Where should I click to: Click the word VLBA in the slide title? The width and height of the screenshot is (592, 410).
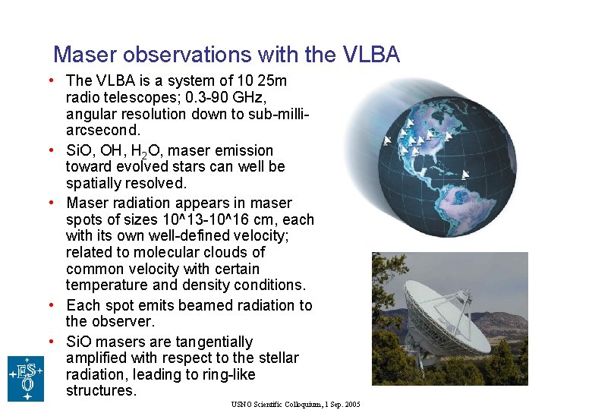(371, 55)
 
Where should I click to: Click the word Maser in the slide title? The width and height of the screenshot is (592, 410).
(85, 55)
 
